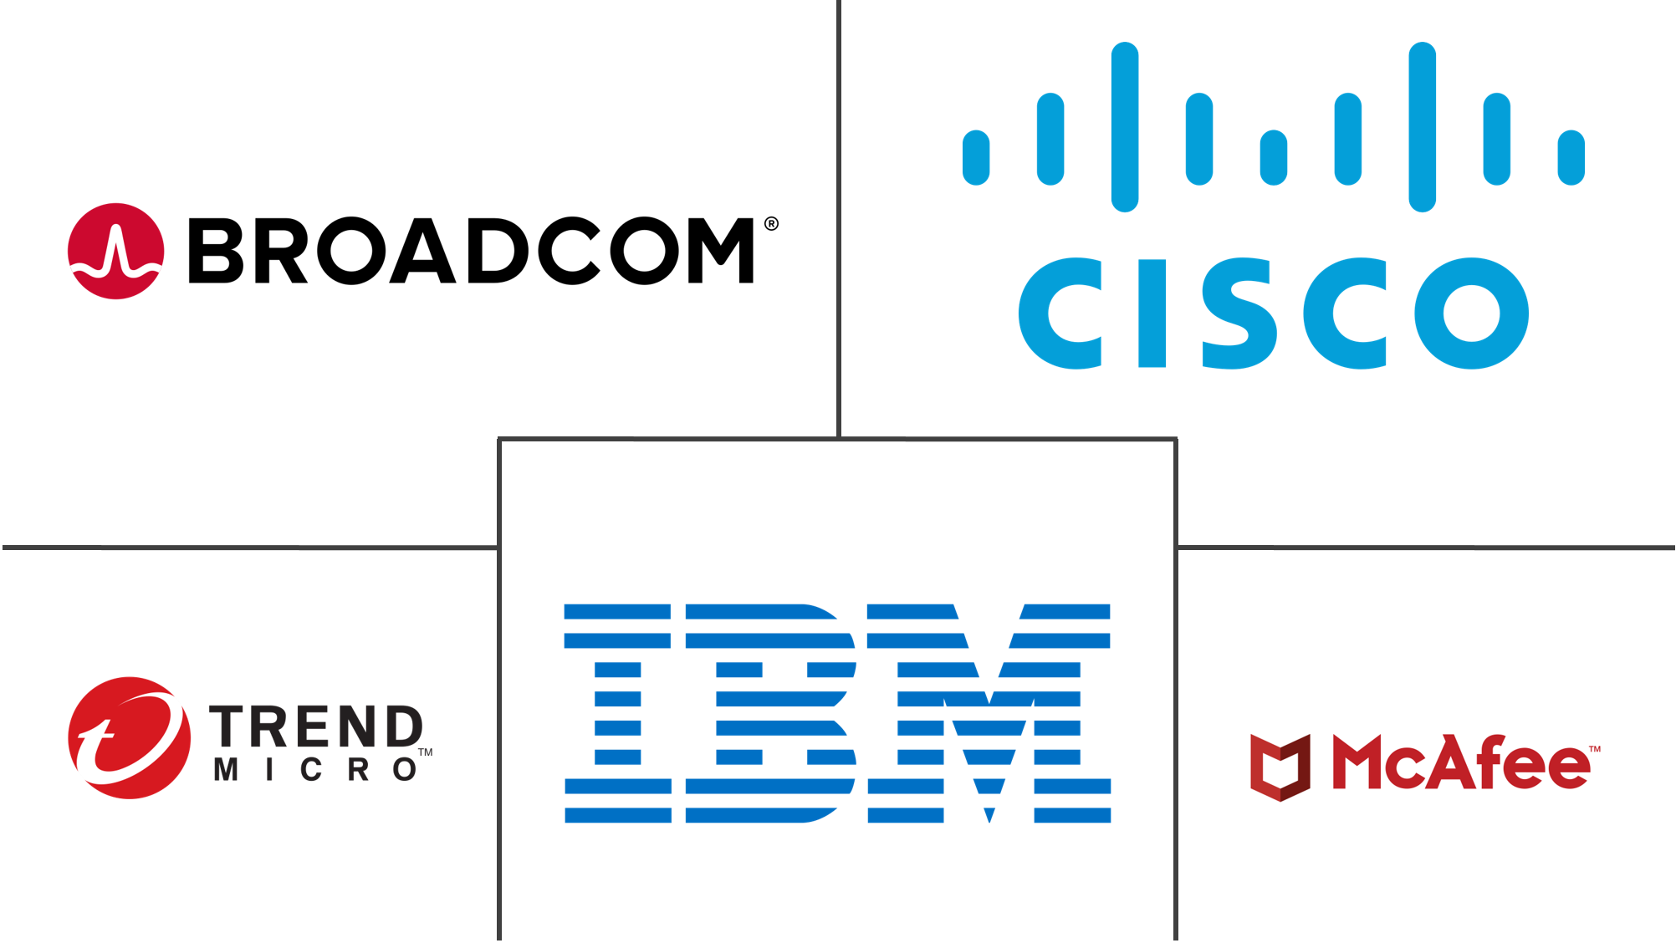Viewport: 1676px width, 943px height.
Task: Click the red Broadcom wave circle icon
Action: pos(115,251)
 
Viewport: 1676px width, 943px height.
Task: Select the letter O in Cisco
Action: pos(1472,313)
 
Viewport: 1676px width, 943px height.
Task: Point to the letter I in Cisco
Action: pos(1152,313)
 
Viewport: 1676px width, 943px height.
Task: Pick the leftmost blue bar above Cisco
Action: pos(976,156)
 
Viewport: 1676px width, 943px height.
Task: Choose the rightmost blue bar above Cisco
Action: pos(1571,156)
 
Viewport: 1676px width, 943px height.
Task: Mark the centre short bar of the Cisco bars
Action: pos(1273,156)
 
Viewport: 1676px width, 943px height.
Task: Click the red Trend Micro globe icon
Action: pos(129,737)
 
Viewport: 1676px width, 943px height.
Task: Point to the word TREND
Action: pos(316,725)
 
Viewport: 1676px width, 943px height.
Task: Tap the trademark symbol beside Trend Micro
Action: pos(425,753)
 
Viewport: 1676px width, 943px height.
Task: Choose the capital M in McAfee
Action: pos(1361,762)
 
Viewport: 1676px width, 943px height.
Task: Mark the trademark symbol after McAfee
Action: pos(1594,749)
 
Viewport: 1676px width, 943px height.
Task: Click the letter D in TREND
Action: pos(403,725)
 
